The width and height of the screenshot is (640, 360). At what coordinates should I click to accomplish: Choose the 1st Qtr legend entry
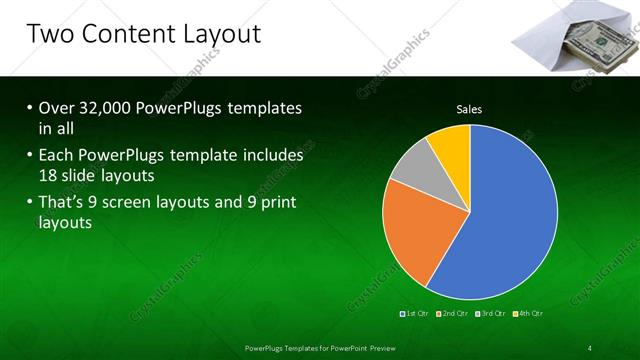pos(416,314)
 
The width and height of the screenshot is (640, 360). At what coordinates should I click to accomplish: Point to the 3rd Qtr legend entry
pos(491,314)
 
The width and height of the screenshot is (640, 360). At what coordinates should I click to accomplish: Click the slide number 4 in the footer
pos(589,347)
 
